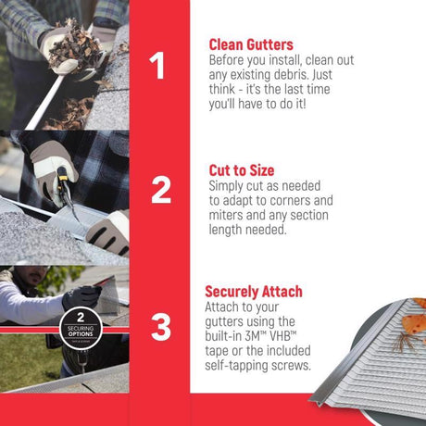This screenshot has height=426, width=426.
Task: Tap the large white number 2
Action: coord(160,190)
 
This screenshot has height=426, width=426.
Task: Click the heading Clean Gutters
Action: coord(251,44)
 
